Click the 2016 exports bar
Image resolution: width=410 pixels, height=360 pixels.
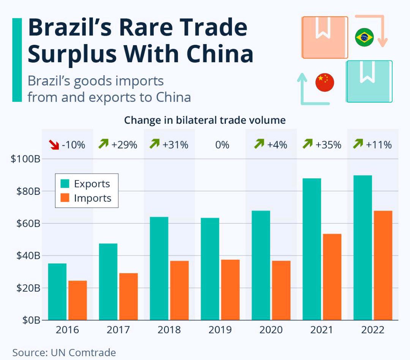tap(57, 292)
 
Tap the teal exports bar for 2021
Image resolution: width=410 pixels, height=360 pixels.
tap(312, 249)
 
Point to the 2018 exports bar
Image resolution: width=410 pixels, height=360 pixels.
tap(159, 268)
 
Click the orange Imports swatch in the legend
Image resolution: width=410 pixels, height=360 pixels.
tap(65, 198)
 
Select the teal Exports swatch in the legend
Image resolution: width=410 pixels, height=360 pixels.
tap(65, 184)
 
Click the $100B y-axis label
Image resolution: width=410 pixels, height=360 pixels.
tap(25, 159)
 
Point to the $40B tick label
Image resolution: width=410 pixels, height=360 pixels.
tap(26, 256)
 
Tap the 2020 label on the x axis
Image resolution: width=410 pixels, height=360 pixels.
tap(271, 330)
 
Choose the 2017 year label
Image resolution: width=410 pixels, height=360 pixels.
tap(118, 330)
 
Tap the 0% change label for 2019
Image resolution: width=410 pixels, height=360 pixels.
tap(222, 145)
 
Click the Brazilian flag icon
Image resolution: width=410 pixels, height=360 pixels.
tap(364, 37)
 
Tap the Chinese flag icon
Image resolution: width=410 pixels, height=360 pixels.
tap(325, 82)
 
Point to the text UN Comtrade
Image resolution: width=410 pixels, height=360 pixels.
tap(83, 352)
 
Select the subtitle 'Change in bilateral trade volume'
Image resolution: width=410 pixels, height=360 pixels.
tap(205, 120)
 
